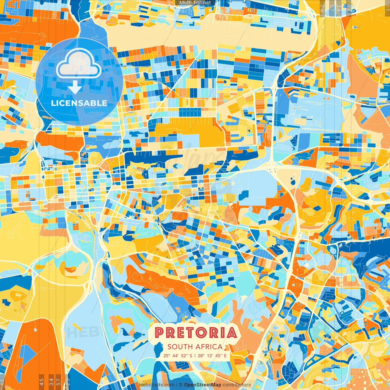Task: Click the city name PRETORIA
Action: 196,333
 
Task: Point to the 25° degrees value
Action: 167,356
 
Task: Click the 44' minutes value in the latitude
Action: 176,356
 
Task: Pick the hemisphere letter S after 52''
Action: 191,356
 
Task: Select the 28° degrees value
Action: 201,356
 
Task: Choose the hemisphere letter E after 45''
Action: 225,356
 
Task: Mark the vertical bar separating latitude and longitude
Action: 195,356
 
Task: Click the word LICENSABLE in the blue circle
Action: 79,103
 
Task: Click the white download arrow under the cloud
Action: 75,87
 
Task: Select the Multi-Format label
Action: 195,3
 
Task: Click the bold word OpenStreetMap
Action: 203,385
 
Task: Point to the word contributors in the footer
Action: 237,385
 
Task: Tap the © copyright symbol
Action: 181,385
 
